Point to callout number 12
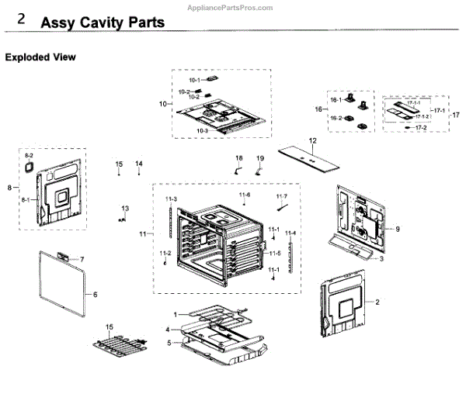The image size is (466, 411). [x=313, y=141]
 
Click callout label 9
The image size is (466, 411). [x=396, y=229]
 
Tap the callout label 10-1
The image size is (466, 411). [x=193, y=80]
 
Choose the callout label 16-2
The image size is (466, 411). [x=336, y=118]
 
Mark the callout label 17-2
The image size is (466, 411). [x=422, y=127]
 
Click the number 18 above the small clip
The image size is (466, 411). [x=239, y=157]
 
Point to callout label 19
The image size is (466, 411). [x=260, y=157]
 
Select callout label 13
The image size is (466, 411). [x=124, y=207]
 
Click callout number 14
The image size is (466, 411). [x=139, y=164]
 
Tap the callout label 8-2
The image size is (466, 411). [x=29, y=156]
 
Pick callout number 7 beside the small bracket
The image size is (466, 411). [x=83, y=258]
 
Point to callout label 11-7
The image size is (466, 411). [x=281, y=196]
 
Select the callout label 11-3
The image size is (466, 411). [x=171, y=199]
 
